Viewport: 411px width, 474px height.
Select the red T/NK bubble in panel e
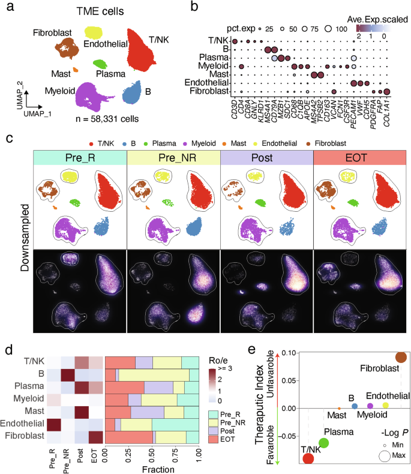308,459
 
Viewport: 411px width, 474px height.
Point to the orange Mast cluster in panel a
75,70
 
